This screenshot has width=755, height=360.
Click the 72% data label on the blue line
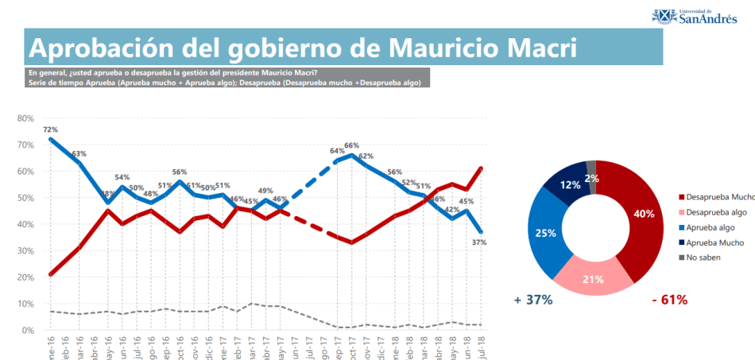point(50,130)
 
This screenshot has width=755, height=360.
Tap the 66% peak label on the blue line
point(351,146)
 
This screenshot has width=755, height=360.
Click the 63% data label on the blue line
point(79,153)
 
